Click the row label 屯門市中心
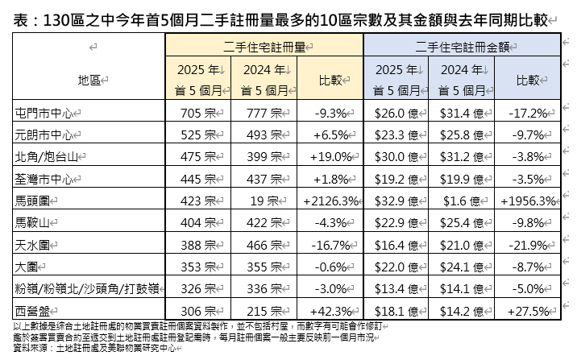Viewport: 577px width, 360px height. click(49, 112)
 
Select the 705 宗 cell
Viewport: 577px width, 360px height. click(197, 112)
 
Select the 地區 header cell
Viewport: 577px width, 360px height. click(89, 80)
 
